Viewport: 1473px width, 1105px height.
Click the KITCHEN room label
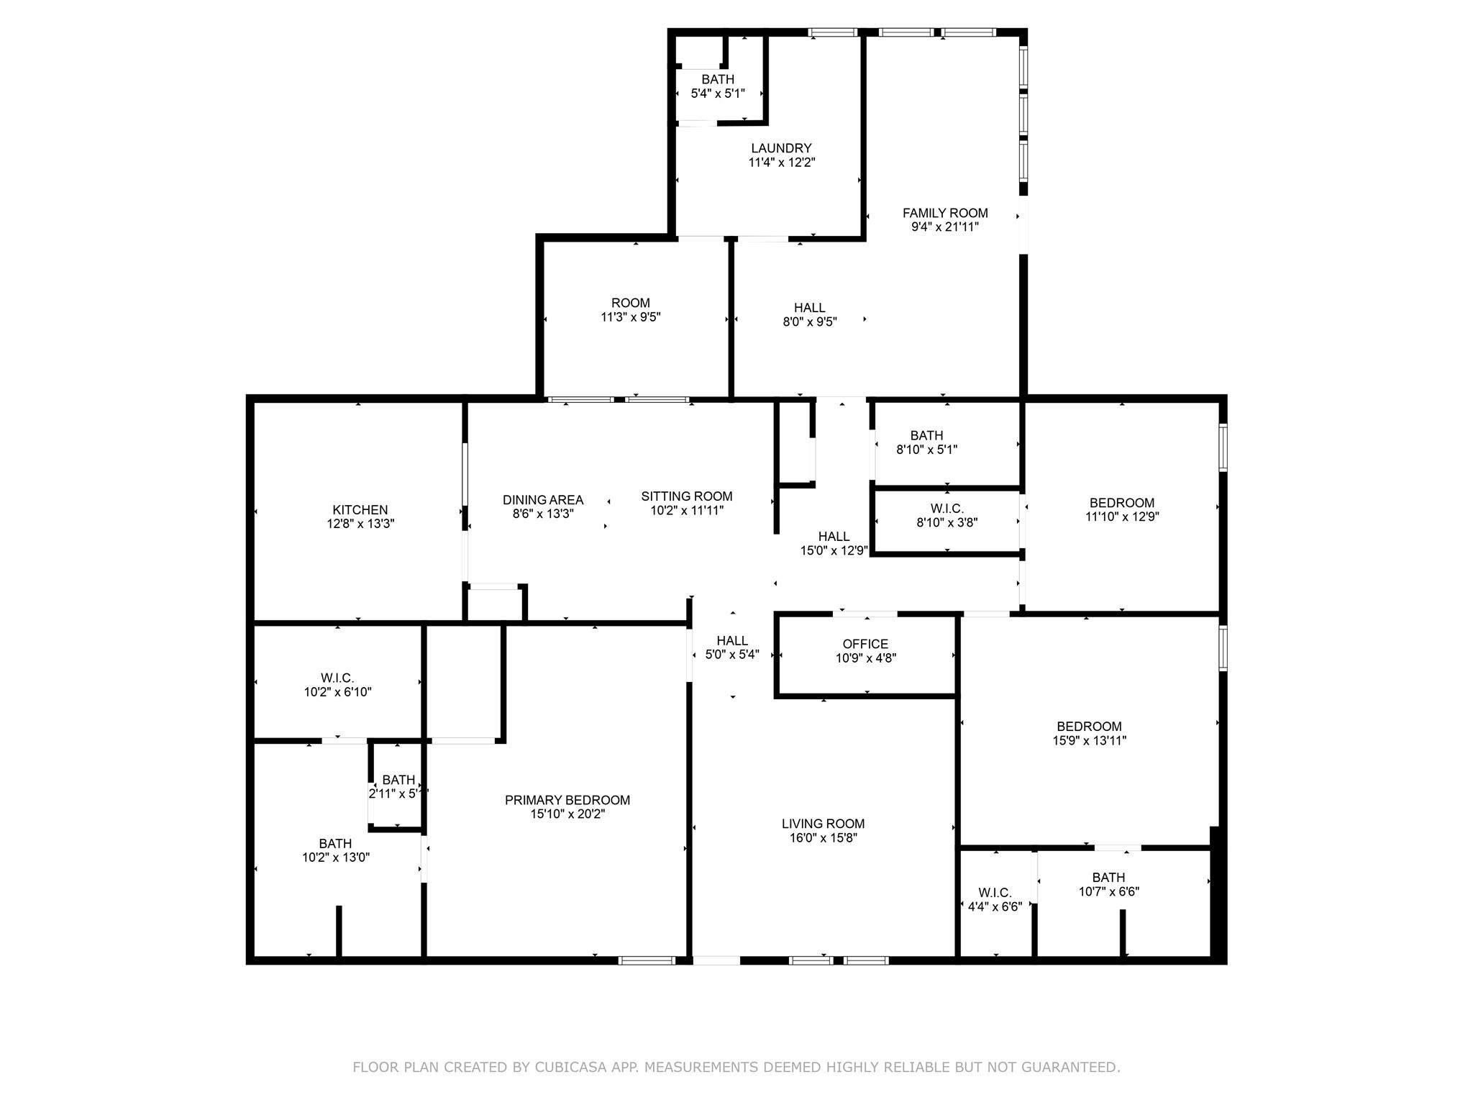(x=360, y=510)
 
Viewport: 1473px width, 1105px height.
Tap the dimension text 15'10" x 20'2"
(x=567, y=814)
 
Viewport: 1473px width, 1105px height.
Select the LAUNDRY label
(x=781, y=148)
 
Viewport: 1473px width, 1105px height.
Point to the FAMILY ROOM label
(x=944, y=213)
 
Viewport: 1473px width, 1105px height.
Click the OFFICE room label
(x=865, y=644)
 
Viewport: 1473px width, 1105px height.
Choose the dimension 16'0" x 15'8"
(x=823, y=837)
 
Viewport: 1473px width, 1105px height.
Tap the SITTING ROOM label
(x=686, y=496)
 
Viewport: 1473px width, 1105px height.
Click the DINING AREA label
(x=542, y=500)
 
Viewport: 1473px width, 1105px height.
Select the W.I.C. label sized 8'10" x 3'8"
(x=947, y=509)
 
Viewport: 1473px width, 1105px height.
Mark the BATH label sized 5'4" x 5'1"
(x=718, y=79)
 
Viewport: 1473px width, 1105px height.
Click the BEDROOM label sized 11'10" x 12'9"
(x=1121, y=503)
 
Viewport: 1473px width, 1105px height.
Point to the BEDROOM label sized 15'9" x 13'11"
(x=1089, y=727)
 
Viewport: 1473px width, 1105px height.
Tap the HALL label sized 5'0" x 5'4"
(x=731, y=641)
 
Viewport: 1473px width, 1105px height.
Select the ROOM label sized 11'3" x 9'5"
(x=630, y=303)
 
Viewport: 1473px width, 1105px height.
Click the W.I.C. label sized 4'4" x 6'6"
(x=995, y=893)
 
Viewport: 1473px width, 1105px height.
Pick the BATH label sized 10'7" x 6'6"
(x=1108, y=878)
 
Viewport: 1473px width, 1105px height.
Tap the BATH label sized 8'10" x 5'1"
(x=926, y=435)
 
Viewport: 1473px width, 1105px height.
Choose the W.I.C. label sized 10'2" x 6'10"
(x=337, y=678)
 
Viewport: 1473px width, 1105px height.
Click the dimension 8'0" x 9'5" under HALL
(x=810, y=322)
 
